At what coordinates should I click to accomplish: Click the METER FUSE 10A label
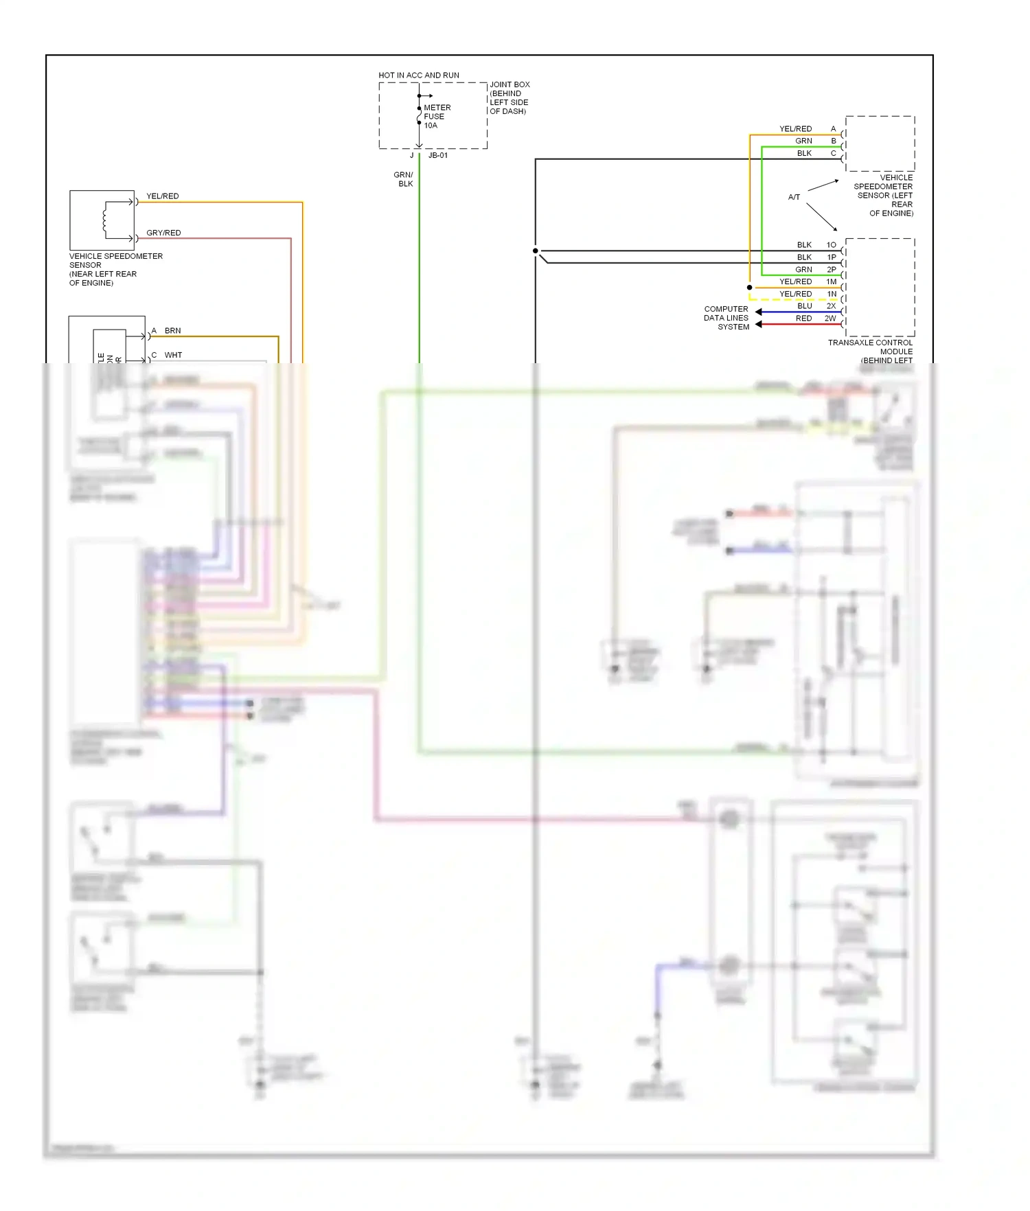point(437,117)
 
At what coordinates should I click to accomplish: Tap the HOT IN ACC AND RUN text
point(419,76)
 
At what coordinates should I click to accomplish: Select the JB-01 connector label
point(438,156)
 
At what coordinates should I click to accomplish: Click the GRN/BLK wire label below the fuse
point(404,179)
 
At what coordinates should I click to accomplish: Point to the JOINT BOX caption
point(510,97)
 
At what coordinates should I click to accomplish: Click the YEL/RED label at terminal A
point(795,129)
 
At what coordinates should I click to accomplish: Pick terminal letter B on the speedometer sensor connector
point(834,141)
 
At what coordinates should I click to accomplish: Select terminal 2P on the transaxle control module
point(832,270)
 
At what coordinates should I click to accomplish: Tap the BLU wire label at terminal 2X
point(804,306)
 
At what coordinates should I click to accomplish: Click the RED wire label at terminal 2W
point(803,319)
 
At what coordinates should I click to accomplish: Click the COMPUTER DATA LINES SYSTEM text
point(726,318)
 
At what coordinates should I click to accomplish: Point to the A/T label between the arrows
point(794,197)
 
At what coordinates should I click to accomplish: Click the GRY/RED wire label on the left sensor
point(163,233)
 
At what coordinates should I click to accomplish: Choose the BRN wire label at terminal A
point(172,331)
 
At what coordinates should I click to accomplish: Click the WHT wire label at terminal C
point(173,356)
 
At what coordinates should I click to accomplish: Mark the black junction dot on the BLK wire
point(536,251)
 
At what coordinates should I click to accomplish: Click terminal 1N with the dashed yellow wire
point(832,295)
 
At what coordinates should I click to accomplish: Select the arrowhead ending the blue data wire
point(759,312)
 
